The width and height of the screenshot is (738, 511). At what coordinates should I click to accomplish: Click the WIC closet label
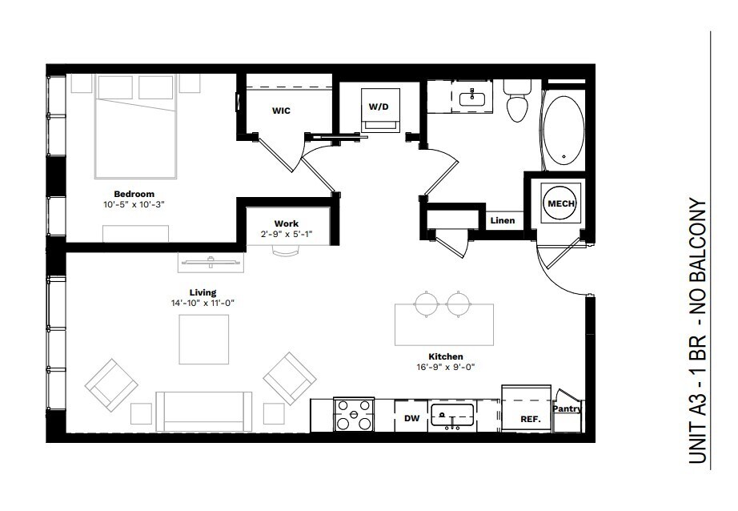pyautogui.click(x=281, y=111)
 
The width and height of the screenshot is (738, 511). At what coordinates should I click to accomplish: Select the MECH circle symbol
pyautogui.click(x=561, y=203)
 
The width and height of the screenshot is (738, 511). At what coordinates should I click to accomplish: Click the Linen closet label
pyautogui.click(x=502, y=220)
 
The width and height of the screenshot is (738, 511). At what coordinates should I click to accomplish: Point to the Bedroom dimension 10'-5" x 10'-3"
pyautogui.click(x=134, y=205)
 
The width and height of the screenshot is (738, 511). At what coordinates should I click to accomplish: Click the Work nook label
pyautogui.click(x=287, y=223)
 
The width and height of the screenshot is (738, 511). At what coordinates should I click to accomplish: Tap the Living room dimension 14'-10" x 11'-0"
pyautogui.click(x=203, y=304)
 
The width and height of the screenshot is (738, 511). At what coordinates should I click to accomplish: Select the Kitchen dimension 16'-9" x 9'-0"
pyautogui.click(x=445, y=367)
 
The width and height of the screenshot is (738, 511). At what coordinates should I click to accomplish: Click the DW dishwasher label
pyautogui.click(x=412, y=418)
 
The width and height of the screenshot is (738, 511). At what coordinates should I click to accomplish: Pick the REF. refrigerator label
pyautogui.click(x=531, y=419)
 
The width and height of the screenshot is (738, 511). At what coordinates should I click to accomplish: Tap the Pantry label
pyautogui.click(x=568, y=408)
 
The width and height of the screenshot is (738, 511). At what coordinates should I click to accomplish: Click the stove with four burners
pyautogui.click(x=354, y=414)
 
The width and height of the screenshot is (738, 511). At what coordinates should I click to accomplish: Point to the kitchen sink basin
pyautogui.click(x=451, y=415)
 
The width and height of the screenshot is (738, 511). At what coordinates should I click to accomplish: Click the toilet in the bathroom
pyautogui.click(x=517, y=101)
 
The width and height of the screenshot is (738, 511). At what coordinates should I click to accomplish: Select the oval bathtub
pyautogui.click(x=564, y=131)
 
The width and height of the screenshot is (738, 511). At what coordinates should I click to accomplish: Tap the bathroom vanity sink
pyautogui.click(x=472, y=99)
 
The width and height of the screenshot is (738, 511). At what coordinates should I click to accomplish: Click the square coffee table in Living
pyautogui.click(x=204, y=340)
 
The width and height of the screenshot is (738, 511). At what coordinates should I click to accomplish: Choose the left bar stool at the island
pyautogui.click(x=427, y=304)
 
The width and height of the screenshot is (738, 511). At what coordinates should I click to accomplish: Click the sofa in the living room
pyautogui.click(x=204, y=412)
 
